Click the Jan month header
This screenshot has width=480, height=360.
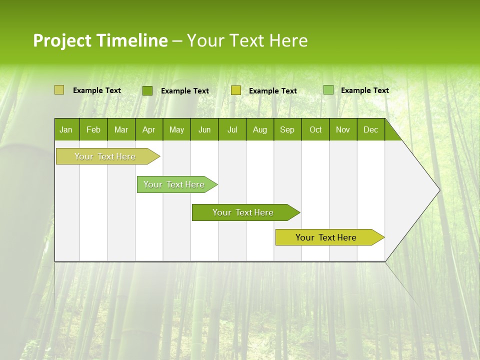[x=66, y=129]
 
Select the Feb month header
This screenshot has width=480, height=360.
[x=93, y=129]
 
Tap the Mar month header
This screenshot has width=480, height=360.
[x=121, y=129]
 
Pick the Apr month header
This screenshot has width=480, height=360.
[x=149, y=129]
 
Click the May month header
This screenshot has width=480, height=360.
[x=176, y=129]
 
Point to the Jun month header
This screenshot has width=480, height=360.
[x=204, y=129]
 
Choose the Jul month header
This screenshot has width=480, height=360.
[x=232, y=129]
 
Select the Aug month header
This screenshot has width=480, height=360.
[x=260, y=129]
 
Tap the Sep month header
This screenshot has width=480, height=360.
[x=287, y=129]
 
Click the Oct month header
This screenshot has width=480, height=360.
[x=315, y=129]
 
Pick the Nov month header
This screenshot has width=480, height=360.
[x=343, y=129]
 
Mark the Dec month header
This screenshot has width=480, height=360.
[x=371, y=129]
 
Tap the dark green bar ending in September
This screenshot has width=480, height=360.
[x=243, y=212]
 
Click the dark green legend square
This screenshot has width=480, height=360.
[x=147, y=90]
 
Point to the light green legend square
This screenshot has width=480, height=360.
[x=328, y=90]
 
